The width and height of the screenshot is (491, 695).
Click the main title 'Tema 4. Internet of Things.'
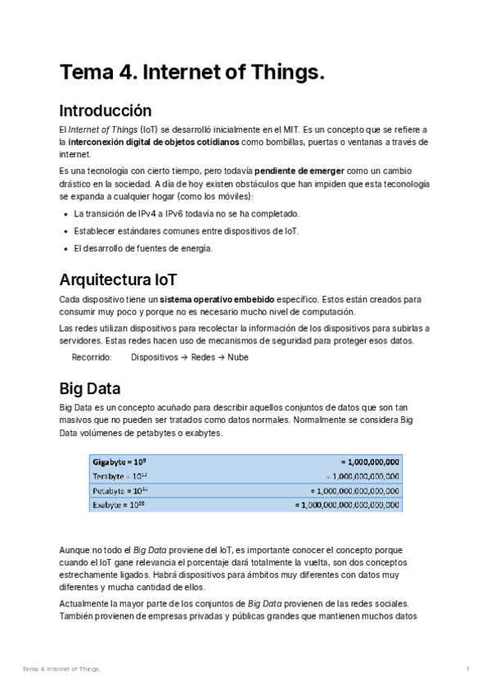point(191,73)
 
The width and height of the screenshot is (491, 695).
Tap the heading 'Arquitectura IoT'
point(118,280)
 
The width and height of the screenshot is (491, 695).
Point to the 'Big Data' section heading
point(90,388)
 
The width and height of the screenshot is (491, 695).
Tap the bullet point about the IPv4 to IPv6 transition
point(187,213)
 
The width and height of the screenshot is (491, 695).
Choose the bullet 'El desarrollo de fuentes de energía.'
point(142,248)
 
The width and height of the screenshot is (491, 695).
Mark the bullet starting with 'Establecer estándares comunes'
point(186,231)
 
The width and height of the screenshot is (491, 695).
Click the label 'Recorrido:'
point(92,357)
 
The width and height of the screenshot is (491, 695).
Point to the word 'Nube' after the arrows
point(238,357)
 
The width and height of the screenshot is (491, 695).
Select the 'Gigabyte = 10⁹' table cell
point(125,461)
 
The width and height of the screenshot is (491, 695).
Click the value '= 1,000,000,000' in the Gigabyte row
point(370,461)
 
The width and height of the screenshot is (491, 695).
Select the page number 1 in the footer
point(467,670)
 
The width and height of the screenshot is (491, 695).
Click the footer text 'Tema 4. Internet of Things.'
point(61,670)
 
